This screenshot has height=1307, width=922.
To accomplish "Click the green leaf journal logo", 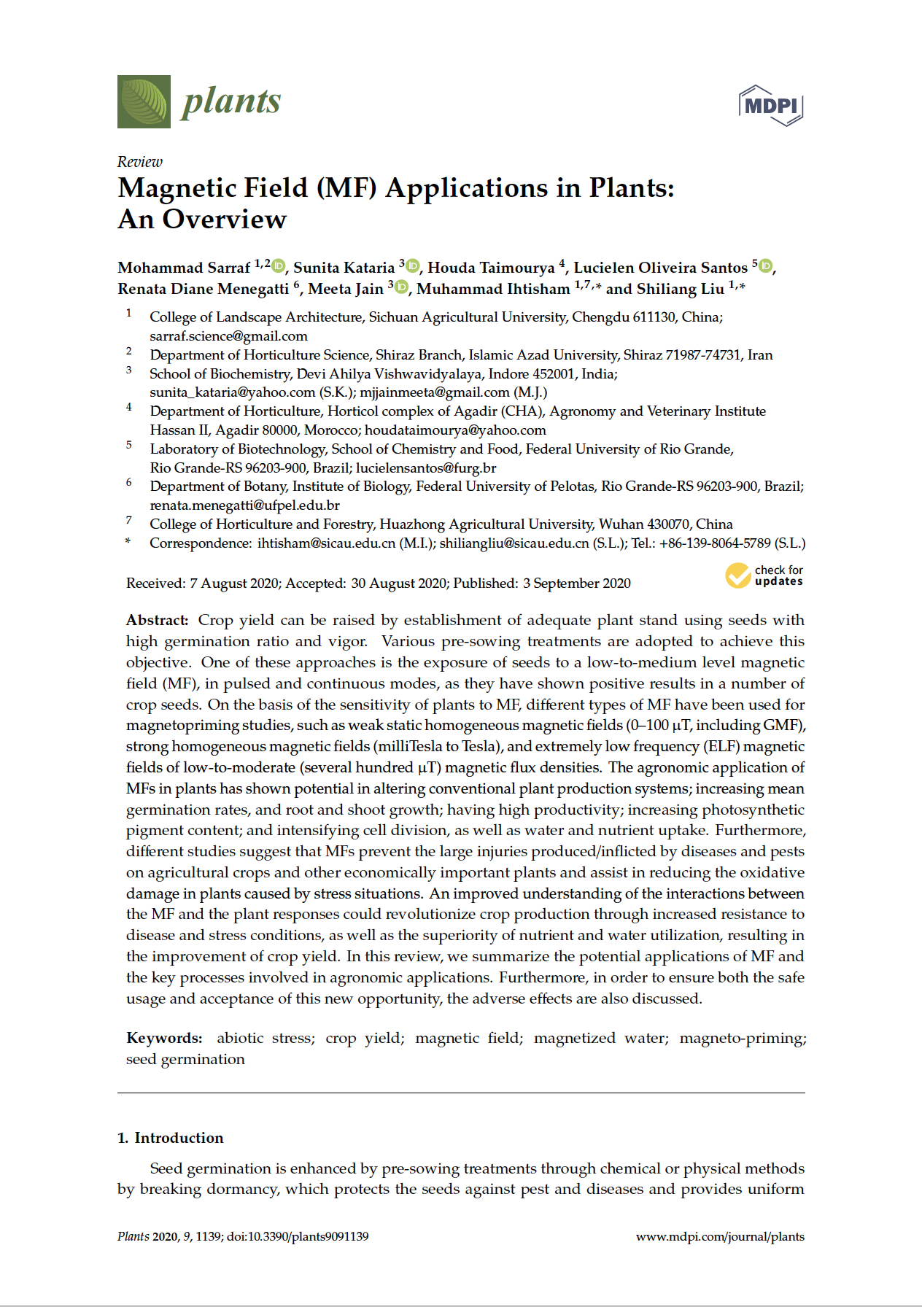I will point(144,102).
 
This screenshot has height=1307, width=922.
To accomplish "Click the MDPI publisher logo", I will point(771,106).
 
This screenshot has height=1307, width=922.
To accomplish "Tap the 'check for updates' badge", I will point(764,575).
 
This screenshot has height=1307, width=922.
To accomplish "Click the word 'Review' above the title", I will point(140,162).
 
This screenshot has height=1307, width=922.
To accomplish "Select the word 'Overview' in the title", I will point(225,220).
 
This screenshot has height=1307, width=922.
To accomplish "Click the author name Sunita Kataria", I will point(344,268).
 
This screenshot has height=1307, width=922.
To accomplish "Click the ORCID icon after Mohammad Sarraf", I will point(279,266).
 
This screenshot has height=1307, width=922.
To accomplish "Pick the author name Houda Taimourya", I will point(491,268).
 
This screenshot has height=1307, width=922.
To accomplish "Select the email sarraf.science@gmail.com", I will point(228,336).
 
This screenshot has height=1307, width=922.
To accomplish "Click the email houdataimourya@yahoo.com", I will point(455,430).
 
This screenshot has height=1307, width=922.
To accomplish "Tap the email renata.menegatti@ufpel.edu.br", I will point(244,505).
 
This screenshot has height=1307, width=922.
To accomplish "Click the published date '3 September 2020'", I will point(576,583).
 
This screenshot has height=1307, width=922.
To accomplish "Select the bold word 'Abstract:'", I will point(158,621).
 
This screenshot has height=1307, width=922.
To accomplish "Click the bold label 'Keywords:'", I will point(164,1039).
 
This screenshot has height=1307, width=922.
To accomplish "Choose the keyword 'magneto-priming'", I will point(743,1039).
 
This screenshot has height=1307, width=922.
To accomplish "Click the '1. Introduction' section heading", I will point(171,1138).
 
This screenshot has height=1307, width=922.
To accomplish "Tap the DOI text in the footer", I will point(298,1237).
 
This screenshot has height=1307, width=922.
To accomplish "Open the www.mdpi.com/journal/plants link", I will point(720,1237).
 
